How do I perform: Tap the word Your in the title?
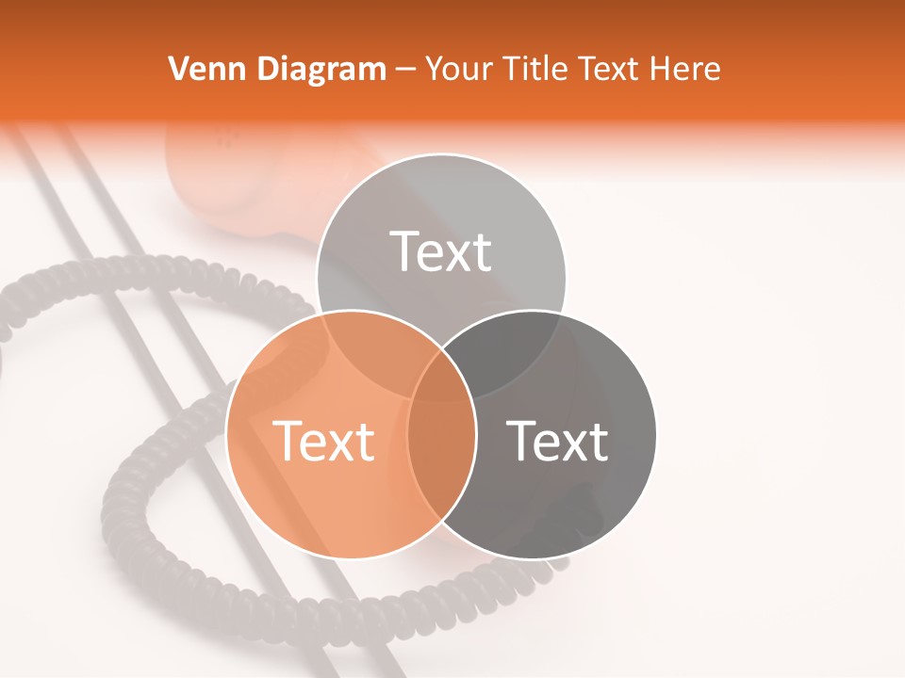(x=456, y=69)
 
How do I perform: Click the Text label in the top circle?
(x=441, y=251)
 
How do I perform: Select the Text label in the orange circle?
(x=323, y=440)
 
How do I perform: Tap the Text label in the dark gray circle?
(x=557, y=440)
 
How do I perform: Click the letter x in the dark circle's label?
(x=576, y=444)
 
